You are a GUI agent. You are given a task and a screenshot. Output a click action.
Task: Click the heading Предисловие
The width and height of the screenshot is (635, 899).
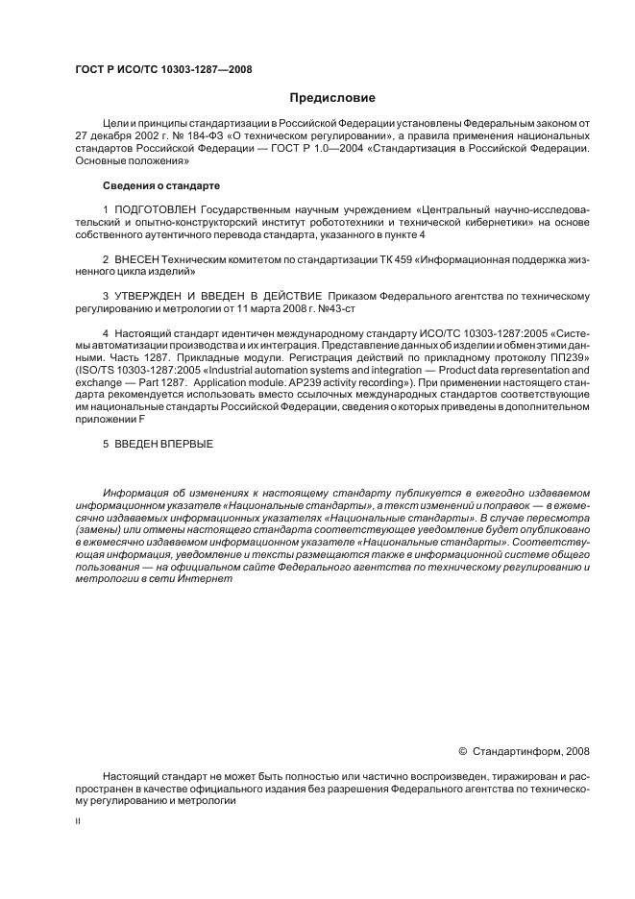click(x=332, y=98)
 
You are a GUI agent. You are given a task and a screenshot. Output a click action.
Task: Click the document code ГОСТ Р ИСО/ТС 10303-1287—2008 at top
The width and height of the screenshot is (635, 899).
click(x=163, y=68)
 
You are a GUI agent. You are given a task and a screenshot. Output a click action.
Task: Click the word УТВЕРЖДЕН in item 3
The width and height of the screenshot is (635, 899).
click(x=159, y=296)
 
